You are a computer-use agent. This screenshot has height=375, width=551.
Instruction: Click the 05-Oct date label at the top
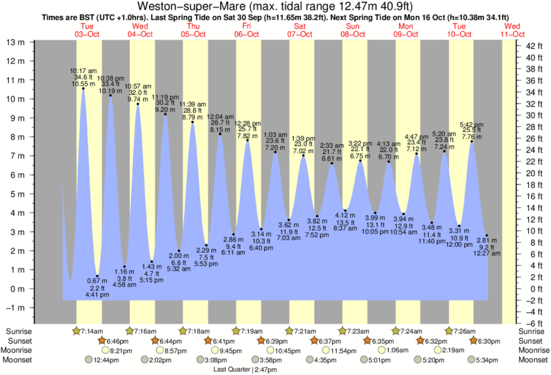[x=193, y=33]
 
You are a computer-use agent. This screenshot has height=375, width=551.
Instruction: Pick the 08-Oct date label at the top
[x=353, y=33]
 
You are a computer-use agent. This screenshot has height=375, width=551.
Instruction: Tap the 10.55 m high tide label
[x=83, y=83]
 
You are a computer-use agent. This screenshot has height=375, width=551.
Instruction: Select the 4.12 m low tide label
[x=345, y=214]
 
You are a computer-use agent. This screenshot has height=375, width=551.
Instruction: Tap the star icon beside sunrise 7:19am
[x=236, y=330]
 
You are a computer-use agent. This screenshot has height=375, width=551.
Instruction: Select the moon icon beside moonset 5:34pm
[x=471, y=360]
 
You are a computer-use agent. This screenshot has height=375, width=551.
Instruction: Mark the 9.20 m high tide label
[x=165, y=110]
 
